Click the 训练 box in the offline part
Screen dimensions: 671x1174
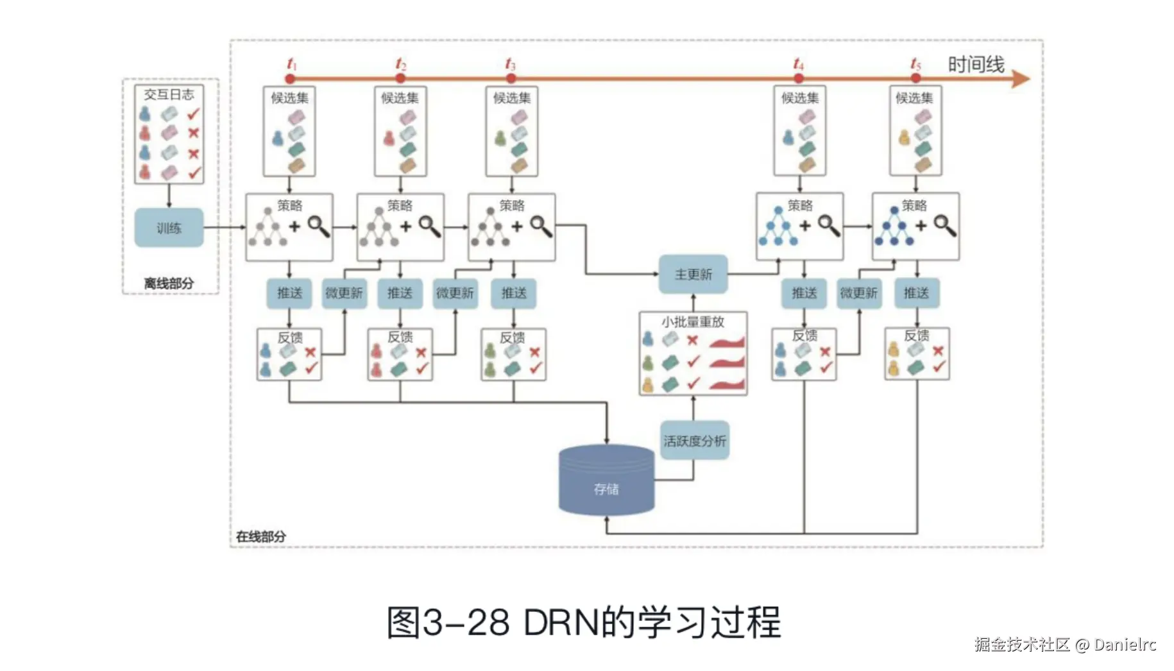tap(169, 228)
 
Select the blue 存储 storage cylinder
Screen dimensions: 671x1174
tap(606, 481)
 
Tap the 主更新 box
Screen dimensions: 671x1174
tap(693, 275)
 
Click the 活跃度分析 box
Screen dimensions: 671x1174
tap(695, 441)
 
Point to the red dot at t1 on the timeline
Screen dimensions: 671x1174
tap(290, 79)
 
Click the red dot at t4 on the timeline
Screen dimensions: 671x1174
tap(798, 79)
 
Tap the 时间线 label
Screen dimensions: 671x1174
tap(976, 64)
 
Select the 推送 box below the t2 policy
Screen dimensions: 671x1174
tap(400, 293)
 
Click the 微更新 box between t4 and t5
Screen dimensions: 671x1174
tap(858, 293)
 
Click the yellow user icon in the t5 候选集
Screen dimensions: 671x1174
tap(904, 137)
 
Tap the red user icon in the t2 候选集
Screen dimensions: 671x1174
tap(389, 138)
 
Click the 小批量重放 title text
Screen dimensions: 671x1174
tap(693, 321)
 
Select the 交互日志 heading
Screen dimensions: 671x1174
tap(169, 94)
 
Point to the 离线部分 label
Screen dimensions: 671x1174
tap(169, 283)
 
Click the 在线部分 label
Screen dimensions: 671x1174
tap(261, 536)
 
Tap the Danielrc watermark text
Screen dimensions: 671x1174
tap(1125, 645)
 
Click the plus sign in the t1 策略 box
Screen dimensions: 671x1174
tap(294, 226)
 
